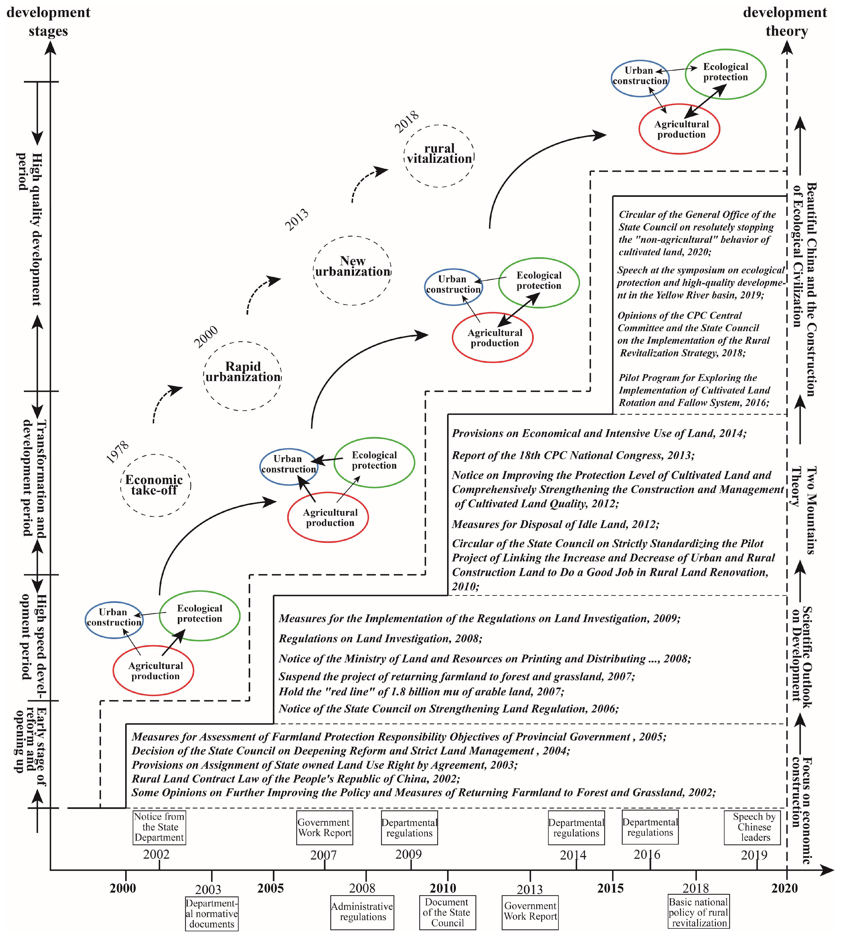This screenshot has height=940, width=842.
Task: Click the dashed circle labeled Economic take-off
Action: (x=155, y=485)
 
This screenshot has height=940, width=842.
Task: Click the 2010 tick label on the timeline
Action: (x=443, y=888)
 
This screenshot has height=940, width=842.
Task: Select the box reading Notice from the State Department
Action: (x=159, y=827)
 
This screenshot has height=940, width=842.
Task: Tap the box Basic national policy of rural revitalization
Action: (x=699, y=912)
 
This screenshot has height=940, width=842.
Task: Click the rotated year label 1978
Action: (x=118, y=452)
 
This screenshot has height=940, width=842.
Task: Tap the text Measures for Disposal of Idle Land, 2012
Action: (x=555, y=524)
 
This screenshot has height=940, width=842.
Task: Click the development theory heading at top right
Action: (x=785, y=21)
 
